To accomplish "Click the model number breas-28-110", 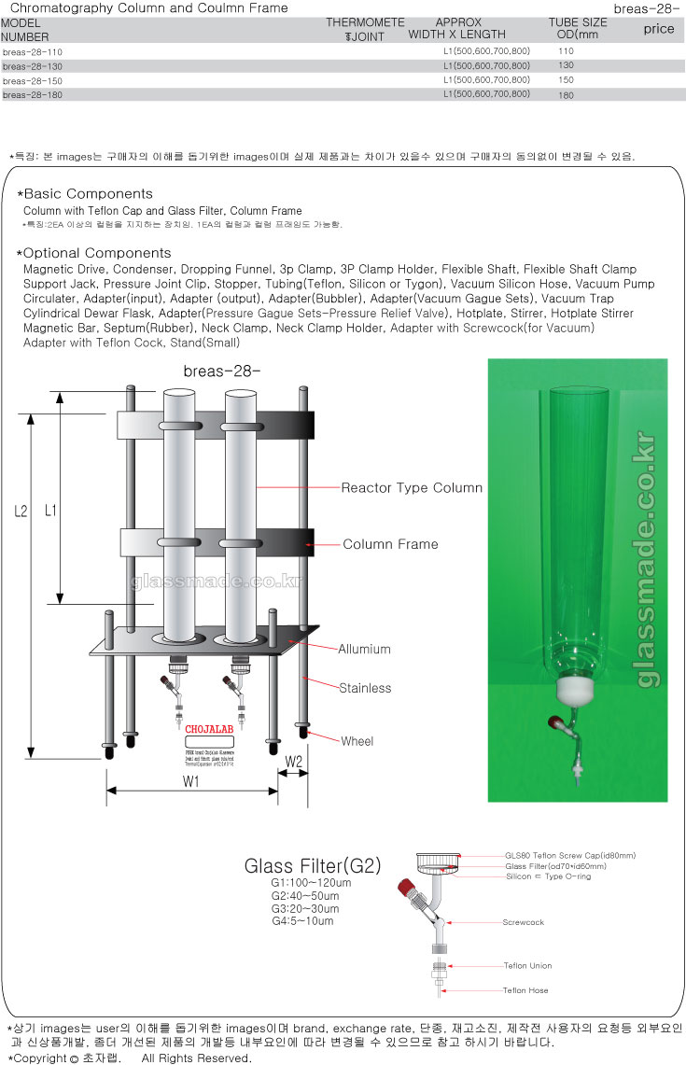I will point(33,52).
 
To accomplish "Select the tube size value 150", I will point(566,80).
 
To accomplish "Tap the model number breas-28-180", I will point(33,94).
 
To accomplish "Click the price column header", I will point(659,29).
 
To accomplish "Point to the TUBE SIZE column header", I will point(577,22).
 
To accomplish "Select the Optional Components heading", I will point(97,253).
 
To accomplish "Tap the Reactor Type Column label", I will point(412,488).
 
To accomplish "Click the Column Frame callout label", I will point(390,544).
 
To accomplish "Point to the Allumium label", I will point(364,649).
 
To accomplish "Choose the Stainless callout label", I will point(365,688).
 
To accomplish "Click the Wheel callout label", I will point(357,741).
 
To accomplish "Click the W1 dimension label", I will point(193,782).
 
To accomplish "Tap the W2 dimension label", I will point(294,763).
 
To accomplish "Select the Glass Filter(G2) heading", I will point(313,866).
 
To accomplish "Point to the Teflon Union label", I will point(528,965).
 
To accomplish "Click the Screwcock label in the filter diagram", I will point(524,922).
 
